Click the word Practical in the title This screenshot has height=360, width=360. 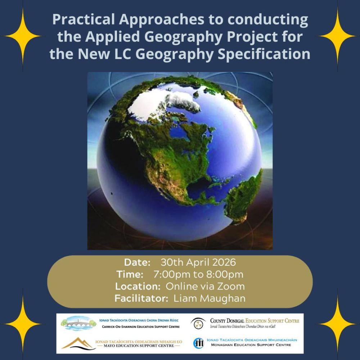coord(84,19)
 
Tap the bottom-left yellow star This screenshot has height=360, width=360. coord(23,324)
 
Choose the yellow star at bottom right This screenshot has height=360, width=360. coord(337,324)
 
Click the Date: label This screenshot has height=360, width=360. coord(137,262)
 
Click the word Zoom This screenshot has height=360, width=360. coord(231,286)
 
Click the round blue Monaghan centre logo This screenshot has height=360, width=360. coord(199,343)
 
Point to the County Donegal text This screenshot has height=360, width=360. coord(227,321)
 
